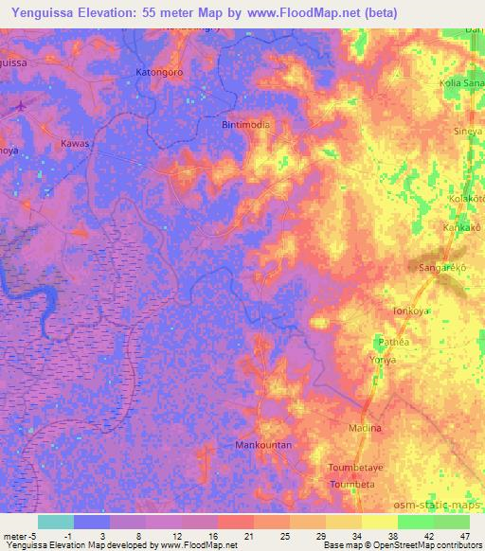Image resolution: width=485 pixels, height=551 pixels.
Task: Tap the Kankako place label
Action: click(x=464, y=228)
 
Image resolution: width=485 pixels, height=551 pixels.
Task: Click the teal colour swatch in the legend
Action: click(x=55, y=522)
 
